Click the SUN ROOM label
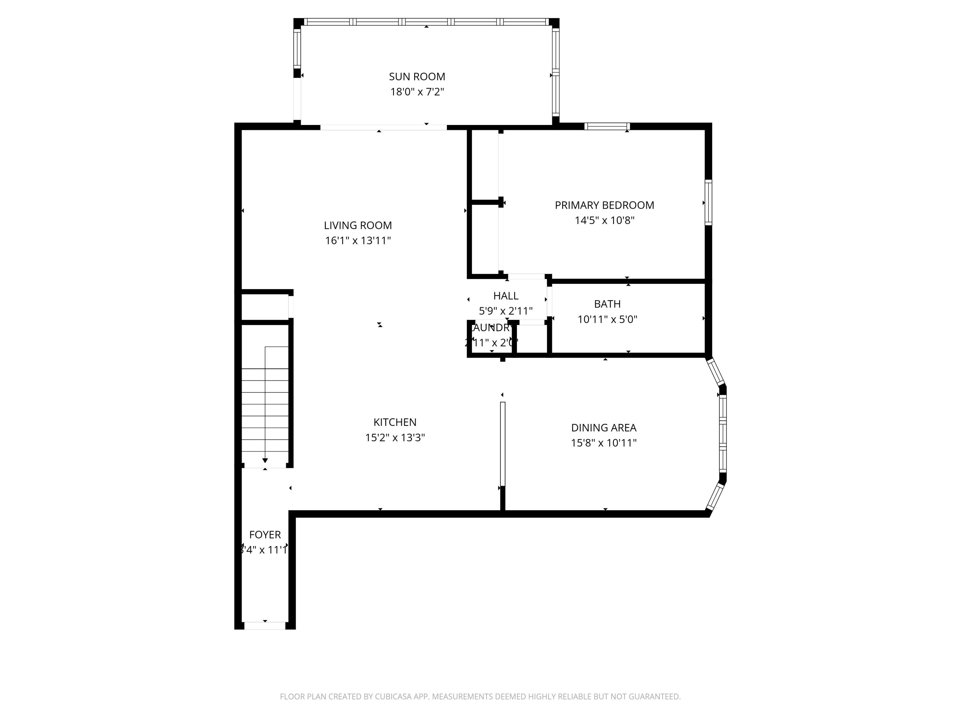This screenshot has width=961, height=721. click(x=417, y=77)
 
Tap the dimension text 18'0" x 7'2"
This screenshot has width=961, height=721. click(x=417, y=92)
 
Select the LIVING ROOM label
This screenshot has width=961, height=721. click(x=357, y=225)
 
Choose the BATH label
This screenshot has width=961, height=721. click(x=607, y=304)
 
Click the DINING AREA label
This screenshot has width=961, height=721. click(x=604, y=428)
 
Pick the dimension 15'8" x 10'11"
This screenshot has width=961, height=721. click(x=604, y=443)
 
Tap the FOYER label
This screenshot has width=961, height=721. click(x=265, y=535)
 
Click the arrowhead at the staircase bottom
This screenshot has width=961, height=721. click(x=265, y=461)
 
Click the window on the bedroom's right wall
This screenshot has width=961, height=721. click(x=708, y=203)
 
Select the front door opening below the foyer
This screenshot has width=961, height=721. click(x=265, y=626)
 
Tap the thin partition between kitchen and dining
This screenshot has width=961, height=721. click(x=503, y=443)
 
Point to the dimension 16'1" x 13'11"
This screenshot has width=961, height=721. click(x=357, y=240)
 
